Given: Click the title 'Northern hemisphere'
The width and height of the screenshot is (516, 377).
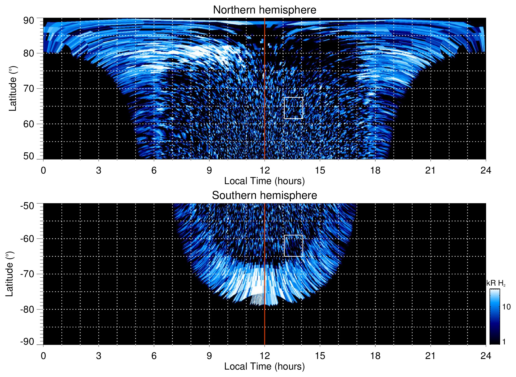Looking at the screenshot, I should click(x=264, y=10).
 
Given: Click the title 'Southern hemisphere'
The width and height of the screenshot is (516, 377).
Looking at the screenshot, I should click(x=264, y=196).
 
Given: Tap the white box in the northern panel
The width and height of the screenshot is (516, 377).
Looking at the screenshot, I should click(x=293, y=108).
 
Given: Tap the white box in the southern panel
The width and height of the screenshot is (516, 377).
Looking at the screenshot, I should click(x=293, y=246).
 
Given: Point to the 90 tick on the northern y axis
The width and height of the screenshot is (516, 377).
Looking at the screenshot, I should click(x=29, y=21).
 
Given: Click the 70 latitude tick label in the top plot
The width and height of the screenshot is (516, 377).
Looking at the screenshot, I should click(x=29, y=88).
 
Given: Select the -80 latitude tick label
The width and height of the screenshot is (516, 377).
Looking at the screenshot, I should click(x=27, y=309).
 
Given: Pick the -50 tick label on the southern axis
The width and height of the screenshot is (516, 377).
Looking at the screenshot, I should click(x=27, y=206).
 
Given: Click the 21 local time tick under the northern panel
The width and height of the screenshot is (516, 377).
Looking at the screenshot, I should click(x=430, y=170).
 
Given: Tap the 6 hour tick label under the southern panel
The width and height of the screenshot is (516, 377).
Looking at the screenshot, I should click(x=154, y=356).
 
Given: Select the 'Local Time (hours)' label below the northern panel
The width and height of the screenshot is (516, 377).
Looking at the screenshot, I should click(x=264, y=181).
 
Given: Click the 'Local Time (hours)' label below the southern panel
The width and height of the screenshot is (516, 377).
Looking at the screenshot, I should click(x=264, y=366).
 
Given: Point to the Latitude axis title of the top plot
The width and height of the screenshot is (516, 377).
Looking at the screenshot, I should click(x=13, y=88).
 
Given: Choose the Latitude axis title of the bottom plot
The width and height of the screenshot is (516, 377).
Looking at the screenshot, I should click(x=10, y=274).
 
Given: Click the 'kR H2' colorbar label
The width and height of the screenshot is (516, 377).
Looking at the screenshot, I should click(x=496, y=283).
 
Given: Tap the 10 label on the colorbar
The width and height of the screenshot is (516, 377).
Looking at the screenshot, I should click(x=506, y=307).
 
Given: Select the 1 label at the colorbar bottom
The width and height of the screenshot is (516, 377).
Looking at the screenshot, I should click(x=504, y=342).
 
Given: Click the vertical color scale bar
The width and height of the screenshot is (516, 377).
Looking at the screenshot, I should click(x=494, y=317).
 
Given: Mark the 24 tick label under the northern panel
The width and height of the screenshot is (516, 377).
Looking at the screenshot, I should click(x=486, y=170).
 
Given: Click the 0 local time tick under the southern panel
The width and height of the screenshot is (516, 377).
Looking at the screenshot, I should click(x=43, y=356).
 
